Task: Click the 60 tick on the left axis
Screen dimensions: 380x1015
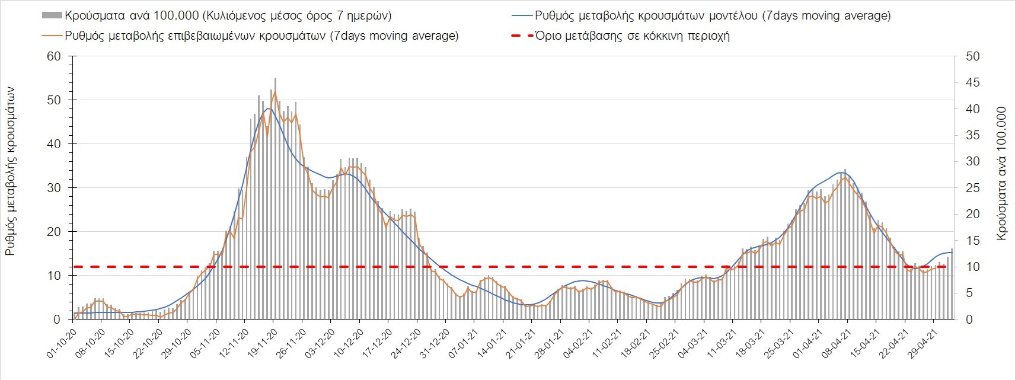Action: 55,56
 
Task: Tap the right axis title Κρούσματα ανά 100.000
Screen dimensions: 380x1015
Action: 1003,173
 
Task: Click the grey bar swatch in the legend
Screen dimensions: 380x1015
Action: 52,15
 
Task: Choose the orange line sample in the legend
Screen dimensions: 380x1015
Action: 52,36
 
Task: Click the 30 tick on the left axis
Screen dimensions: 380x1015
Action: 55,188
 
